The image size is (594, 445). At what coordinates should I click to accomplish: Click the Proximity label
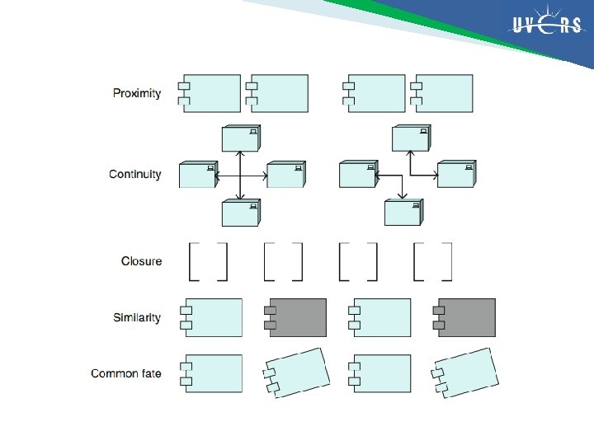pos(137,93)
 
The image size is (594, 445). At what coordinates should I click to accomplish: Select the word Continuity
pos(135,175)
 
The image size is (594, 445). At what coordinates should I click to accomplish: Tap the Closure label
pos(142,261)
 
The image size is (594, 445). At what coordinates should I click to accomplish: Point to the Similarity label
pos(137,317)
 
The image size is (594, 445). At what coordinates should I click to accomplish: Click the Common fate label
pos(126,373)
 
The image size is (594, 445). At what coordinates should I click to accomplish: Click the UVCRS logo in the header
pos(546,26)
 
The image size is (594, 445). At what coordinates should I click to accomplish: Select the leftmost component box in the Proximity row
pos(211,93)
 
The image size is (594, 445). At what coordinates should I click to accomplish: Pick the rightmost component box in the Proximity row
pos(444,93)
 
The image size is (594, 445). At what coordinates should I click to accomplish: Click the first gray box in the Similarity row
pos(295,317)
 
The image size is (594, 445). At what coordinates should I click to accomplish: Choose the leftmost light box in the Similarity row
pos(212,317)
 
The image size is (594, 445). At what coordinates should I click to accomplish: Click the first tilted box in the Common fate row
pos(296,373)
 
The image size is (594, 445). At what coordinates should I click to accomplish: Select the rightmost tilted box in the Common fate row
pos(466,373)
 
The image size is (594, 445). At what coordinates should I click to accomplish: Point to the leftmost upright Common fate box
pos(212,373)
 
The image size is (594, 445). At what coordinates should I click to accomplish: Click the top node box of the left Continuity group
pos(240,138)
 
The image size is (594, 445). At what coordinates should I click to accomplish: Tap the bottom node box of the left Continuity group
pos(240,213)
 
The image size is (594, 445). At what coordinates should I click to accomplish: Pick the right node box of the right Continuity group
pos(455,175)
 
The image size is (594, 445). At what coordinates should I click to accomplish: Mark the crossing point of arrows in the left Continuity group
pos(240,175)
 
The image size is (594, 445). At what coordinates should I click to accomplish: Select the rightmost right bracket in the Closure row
pos(448,261)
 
